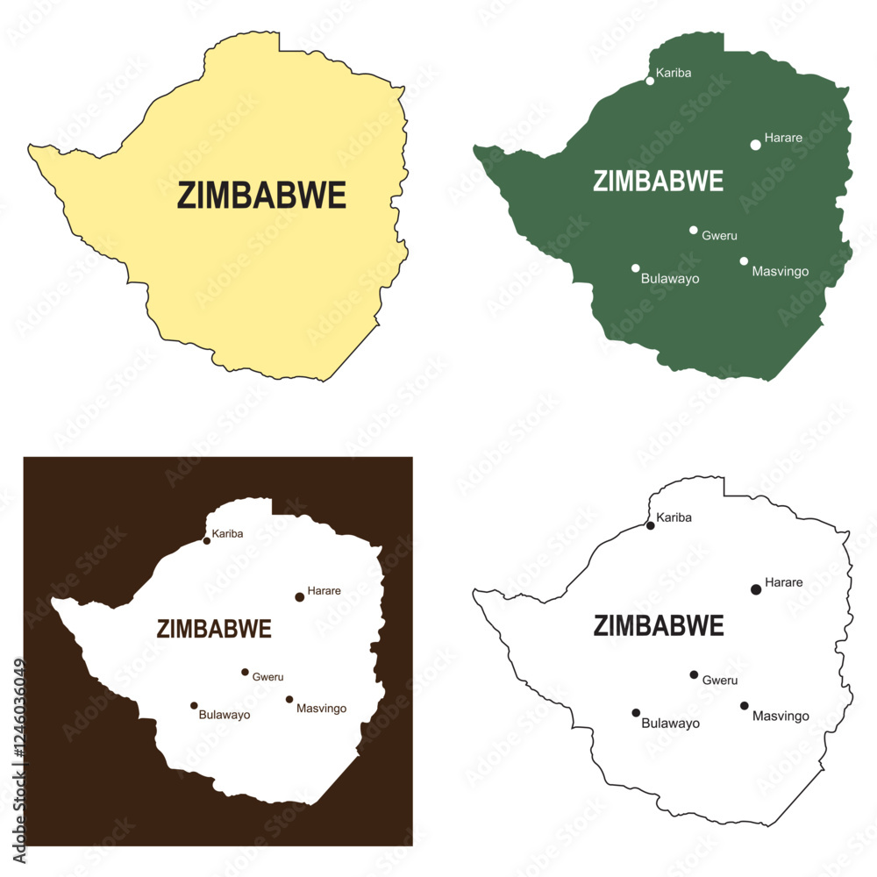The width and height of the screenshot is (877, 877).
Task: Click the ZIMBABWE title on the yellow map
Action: click(261, 196)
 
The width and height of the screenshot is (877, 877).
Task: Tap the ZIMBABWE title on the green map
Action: click(658, 181)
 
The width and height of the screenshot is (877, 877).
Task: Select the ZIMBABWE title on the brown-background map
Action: click(214, 629)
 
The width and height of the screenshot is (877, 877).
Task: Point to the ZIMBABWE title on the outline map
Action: click(659, 626)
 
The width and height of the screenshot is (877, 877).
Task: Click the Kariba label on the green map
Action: click(674, 73)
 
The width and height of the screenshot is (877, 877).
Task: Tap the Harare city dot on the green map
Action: click(756, 145)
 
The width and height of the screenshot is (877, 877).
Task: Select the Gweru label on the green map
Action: click(720, 236)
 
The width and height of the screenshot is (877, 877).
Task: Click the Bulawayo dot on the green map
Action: click(636, 268)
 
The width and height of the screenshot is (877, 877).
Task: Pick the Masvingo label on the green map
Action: click(781, 272)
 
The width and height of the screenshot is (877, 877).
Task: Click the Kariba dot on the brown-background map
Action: click(207, 541)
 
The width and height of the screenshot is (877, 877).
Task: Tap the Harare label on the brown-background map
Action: click(324, 591)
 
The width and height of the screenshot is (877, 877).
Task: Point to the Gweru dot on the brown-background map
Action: click(246, 673)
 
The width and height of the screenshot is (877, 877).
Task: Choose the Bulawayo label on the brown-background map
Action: click(225, 715)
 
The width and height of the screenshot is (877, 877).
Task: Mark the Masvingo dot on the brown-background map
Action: click(289, 700)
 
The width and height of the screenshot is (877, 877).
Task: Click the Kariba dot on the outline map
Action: click(650, 525)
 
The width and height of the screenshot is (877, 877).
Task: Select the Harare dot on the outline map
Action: click(756, 589)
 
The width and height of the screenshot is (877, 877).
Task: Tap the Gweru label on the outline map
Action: click(720, 681)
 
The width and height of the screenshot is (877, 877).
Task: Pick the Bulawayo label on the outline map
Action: click(671, 724)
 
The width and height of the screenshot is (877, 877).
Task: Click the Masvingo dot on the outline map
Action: click(744, 705)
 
